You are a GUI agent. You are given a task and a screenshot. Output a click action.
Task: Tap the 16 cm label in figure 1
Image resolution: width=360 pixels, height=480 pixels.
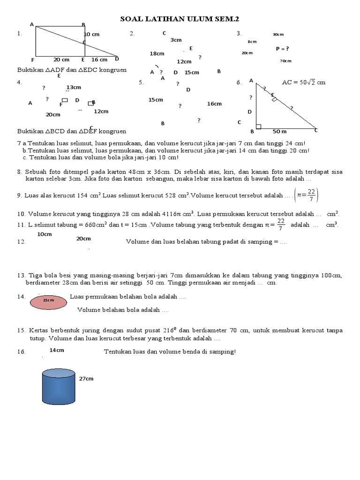pos(99,60)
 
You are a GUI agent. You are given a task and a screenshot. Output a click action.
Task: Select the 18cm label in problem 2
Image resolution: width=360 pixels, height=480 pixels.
pos(157,54)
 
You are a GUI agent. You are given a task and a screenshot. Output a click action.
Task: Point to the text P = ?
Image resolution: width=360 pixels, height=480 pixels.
pos(282,48)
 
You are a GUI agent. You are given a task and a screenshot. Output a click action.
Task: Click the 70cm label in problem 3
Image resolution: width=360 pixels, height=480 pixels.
pos(285,61)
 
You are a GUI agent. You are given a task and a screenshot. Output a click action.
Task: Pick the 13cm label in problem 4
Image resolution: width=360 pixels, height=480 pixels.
pos(74,87)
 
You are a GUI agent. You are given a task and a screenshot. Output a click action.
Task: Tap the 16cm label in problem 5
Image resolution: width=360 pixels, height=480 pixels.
pos(214,104)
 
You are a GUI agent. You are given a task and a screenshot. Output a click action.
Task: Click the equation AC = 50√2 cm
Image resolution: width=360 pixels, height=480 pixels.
pos(303,82)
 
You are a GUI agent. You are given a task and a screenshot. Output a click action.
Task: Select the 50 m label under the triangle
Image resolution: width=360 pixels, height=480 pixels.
pos(280,131)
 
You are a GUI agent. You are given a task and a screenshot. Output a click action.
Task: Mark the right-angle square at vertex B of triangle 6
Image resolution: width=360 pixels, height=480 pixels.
pos(259,126)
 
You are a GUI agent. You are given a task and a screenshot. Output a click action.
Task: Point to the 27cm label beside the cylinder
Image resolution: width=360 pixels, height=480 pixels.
pos(86,378)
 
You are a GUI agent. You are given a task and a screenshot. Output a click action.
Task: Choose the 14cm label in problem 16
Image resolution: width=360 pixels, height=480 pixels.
pos(57,350)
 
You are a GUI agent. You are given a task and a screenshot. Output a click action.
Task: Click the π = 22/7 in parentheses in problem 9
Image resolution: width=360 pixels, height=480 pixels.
pos(307,195)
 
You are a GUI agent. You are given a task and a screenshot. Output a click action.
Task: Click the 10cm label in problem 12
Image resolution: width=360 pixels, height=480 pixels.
pos(44,234)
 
